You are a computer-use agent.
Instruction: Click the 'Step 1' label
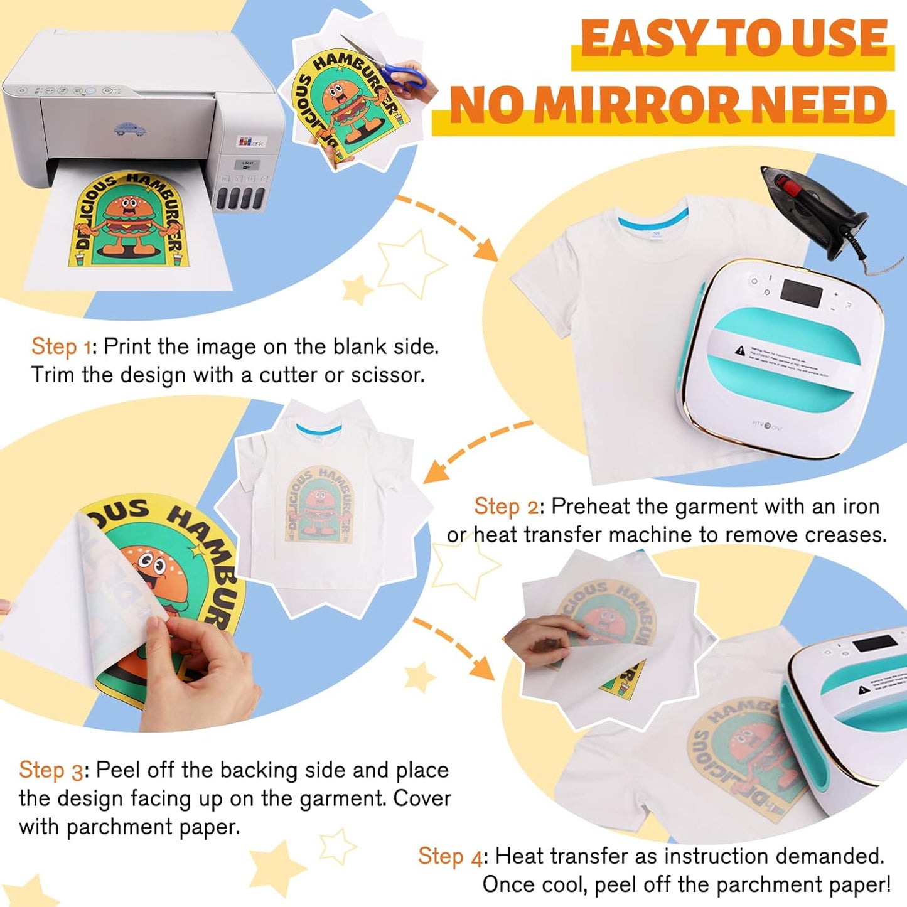(61, 346)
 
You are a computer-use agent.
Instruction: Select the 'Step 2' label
(505, 507)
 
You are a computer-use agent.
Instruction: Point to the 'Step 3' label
(50, 770)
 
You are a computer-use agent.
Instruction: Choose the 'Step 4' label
(449, 856)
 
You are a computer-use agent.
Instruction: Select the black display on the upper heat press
(801, 292)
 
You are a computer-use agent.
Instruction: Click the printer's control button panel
(69, 91)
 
